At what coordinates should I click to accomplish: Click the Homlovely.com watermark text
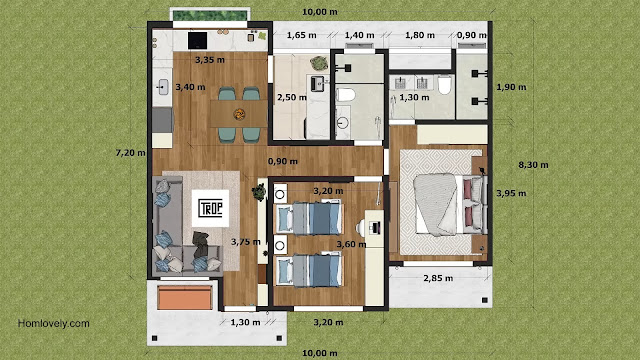pyautogui.click(x=53, y=324)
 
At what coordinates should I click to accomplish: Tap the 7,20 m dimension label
pyautogui.click(x=130, y=153)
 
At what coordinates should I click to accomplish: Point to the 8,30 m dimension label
pyautogui.click(x=533, y=165)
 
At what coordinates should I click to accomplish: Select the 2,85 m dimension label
pyautogui.click(x=438, y=278)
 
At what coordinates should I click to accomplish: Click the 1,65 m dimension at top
pyautogui.click(x=301, y=36)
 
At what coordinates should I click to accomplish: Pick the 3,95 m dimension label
pyautogui.click(x=511, y=193)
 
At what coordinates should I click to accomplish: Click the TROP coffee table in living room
pyautogui.click(x=210, y=208)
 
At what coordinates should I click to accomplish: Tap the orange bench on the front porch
pyautogui.click(x=185, y=297)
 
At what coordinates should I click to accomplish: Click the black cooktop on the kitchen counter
pyautogui.click(x=198, y=40)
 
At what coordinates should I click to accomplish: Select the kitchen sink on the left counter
pyautogui.click(x=163, y=87)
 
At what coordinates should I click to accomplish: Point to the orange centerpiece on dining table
pyautogui.click(x=239, y=114)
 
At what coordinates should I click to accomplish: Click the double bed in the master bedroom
pyautogui.click(x=450, y=204)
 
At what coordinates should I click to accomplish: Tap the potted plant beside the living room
pyautogui.click(x=259, y=192)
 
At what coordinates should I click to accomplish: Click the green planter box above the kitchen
pyautogui.click(x=210, y=16)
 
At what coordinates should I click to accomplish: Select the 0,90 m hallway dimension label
pyautogui.click(x=282, y=162)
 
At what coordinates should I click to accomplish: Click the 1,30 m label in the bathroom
pyautogui.click(x=414, y=98)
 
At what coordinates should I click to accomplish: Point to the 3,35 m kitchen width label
pyautogui.click(x=210, y=60)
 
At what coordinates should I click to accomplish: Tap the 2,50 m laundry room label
pyautogui.click(x=292, y=98)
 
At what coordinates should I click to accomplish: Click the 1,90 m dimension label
pyautogui.click(x=511, y=87)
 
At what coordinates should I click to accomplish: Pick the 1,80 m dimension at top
pyautogui.click(x=420, y=36)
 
